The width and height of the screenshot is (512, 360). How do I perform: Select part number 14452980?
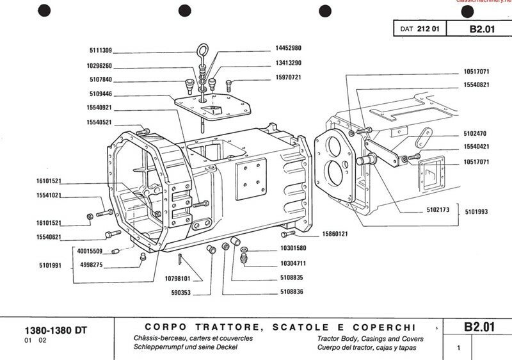coord(289,48)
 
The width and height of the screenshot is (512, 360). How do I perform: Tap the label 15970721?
coord(289,78)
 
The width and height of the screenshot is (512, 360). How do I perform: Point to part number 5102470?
coord(476,135)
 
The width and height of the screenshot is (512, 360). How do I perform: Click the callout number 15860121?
coord(334,234)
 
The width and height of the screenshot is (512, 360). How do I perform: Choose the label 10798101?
coord(177,279)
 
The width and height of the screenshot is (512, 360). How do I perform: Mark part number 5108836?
coord(292,291)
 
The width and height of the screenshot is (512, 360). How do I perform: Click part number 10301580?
coord(292,248)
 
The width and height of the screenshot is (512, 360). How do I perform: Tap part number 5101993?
coord(476,211)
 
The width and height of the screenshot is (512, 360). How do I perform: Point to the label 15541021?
coord(49,195)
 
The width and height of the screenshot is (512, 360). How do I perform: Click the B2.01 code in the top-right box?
coord(481,29)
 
